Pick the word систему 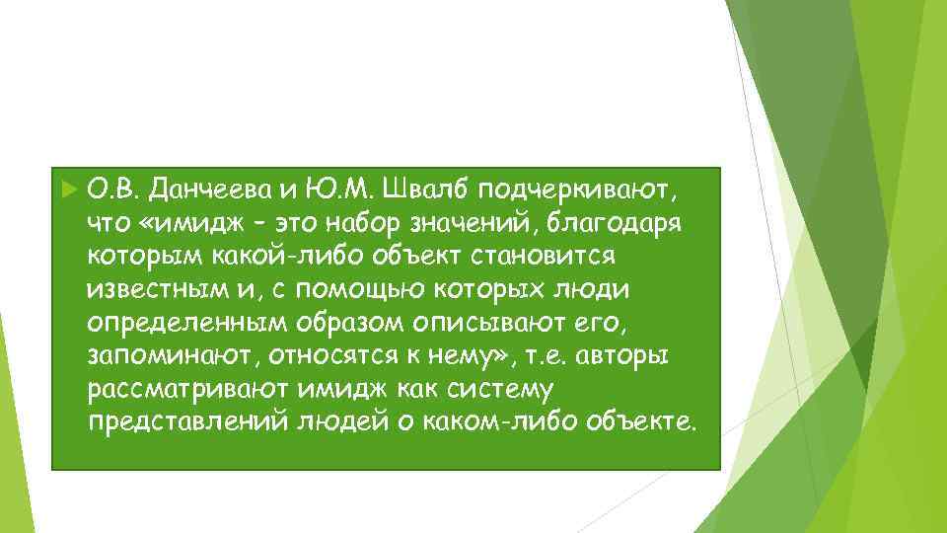pyautogui.click(x=509, y=390)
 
